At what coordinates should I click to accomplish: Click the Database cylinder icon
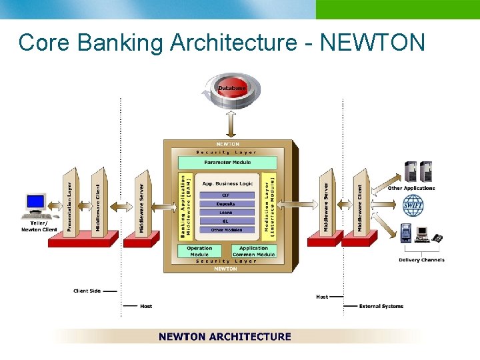[231, 90]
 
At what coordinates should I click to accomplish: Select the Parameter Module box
[227, 162]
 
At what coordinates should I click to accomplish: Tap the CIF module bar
[227, 195]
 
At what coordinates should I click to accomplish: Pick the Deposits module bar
[227, 204]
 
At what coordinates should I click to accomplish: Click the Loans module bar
[227, 213]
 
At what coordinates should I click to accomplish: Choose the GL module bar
[227, 221]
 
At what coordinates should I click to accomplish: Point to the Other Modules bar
[227, 230]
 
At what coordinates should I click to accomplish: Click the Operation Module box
[199, 251]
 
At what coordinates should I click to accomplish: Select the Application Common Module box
[253, 251]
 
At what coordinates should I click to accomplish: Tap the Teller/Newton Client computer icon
[36, 206]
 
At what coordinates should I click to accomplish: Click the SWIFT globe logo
[413, 205]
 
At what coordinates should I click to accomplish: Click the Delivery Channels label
[421, 260]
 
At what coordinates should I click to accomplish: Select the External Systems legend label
[381, 306]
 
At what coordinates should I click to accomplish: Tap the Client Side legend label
[87, 291]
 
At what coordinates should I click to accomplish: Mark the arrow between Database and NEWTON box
[231, 124]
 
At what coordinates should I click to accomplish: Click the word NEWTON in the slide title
[372, 43]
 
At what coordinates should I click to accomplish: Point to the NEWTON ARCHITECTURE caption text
[225, 337]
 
